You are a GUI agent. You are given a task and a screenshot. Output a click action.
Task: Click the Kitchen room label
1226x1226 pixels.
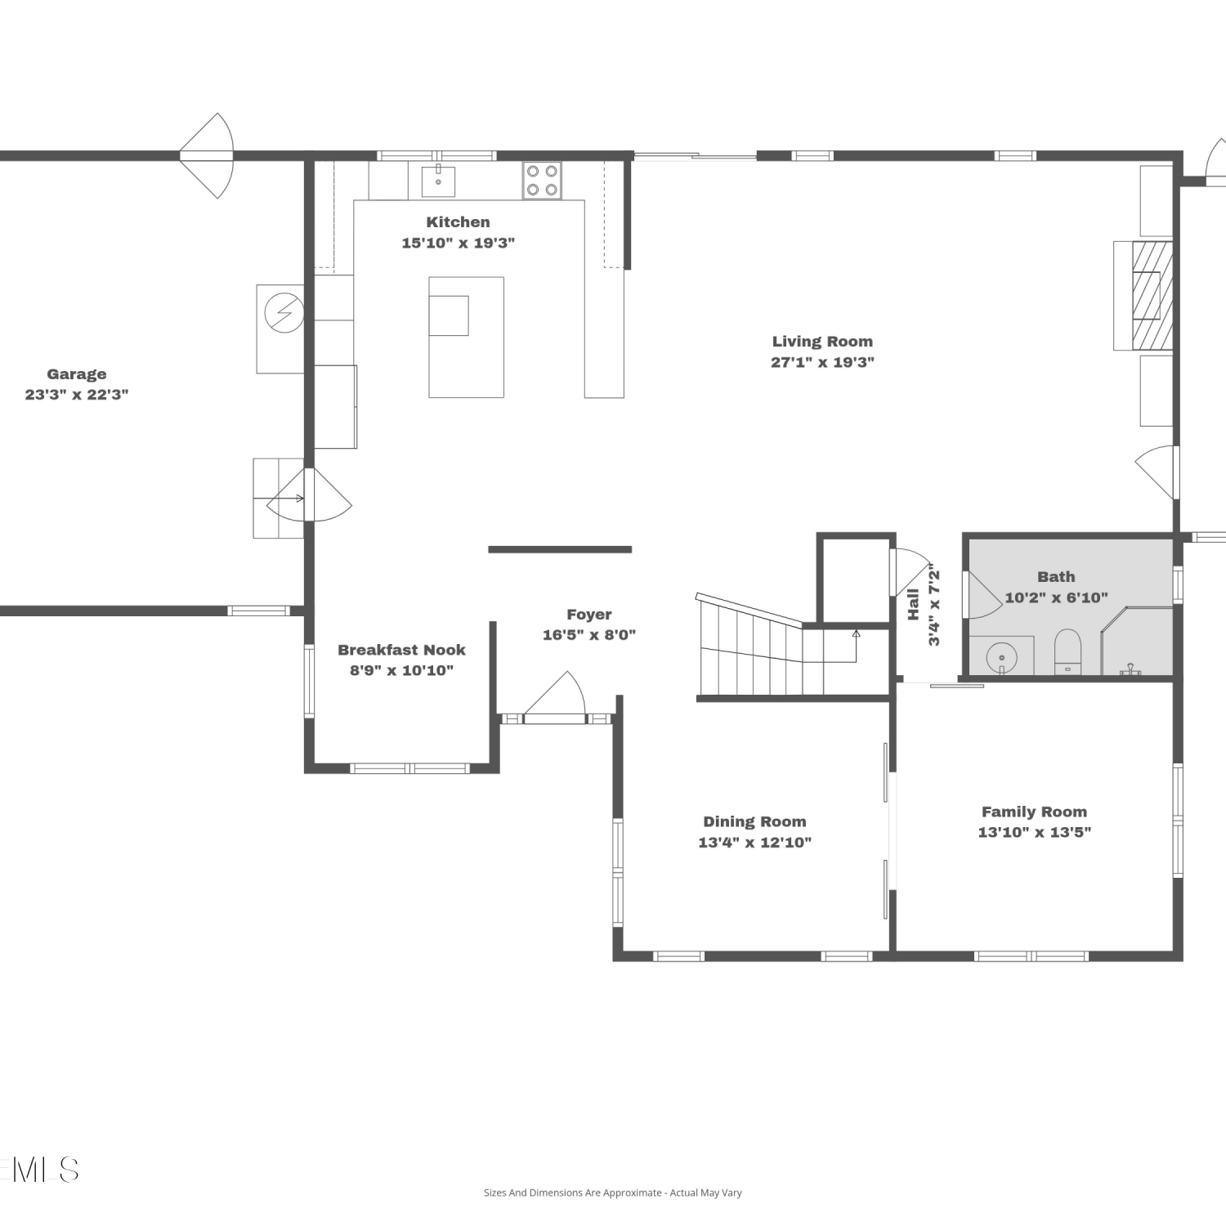click(458, 222)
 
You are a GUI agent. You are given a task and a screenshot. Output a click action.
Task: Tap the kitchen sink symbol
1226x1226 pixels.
click(439, 181)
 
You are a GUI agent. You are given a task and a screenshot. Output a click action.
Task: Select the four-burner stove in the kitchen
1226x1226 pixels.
click(542, 181)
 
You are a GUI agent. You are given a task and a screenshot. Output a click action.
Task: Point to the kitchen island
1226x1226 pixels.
click(466, 337)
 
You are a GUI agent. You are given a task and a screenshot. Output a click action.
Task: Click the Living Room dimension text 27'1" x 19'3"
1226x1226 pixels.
click(822, 362)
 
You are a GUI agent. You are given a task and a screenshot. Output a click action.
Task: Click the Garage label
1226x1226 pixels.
click(77, 374)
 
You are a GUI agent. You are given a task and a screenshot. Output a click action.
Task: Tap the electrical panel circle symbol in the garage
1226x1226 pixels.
click(284, 312)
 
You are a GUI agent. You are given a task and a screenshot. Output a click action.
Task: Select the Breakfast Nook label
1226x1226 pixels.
click(401, 650)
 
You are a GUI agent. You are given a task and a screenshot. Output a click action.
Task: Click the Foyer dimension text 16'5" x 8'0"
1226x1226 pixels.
click(589, 635)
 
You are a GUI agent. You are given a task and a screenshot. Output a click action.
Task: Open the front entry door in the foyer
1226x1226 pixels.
click(555, 697)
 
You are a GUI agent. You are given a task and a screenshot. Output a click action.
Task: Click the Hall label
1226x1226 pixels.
click(913, 604)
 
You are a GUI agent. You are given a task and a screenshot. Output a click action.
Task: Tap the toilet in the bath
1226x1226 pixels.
click(1067, 651)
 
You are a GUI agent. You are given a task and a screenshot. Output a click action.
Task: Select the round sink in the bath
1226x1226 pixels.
click(1001, 657)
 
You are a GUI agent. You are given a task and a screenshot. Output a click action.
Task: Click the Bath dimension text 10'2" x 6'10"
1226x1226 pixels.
click(1056, 597)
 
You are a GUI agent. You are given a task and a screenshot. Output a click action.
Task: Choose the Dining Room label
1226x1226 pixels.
click(754, 821)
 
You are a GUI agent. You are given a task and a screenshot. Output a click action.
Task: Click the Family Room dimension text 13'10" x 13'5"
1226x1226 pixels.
click(1035, 832)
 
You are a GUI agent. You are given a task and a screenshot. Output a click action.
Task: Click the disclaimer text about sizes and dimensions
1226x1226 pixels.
click(613, 1192)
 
